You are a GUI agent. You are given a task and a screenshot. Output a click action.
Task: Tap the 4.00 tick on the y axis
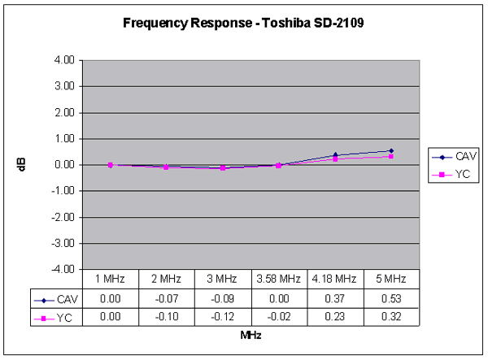tap(68, 60)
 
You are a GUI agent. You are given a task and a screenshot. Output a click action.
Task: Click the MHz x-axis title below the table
tap(250, 335)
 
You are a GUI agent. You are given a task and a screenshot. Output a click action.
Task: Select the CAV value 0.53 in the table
tap(391, 297)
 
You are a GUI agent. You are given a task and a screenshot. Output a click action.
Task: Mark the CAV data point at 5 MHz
tap(391, 151)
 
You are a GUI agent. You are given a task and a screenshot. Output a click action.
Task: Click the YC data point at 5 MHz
tap(391, 156)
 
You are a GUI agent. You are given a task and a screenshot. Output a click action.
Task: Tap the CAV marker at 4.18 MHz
tap(335, 155)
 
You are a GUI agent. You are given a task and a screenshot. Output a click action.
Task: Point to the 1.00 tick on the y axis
tap(68, 139)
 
